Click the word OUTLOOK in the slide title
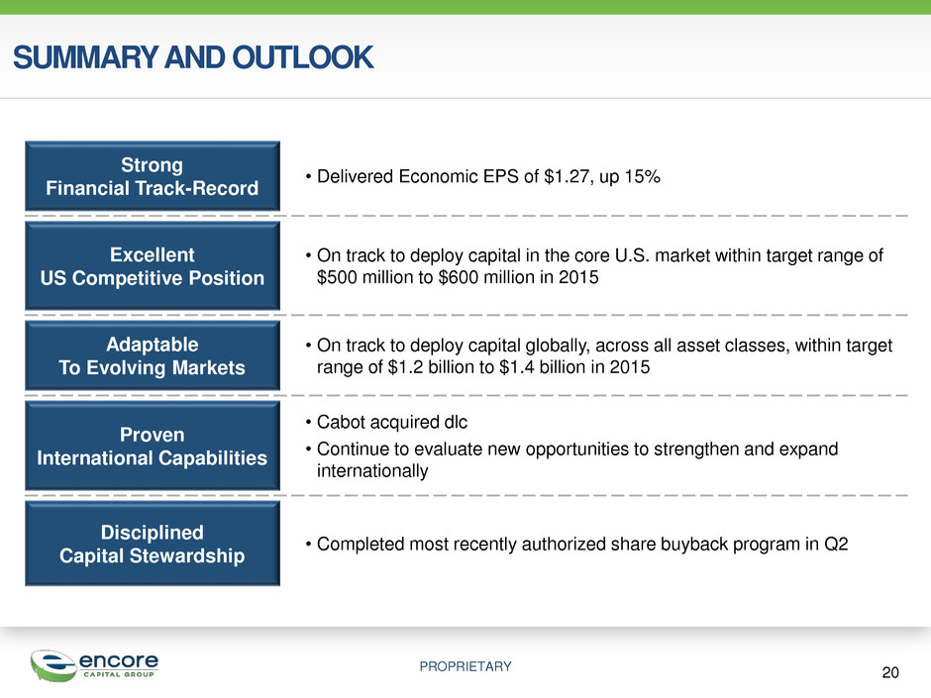tap(303, 57)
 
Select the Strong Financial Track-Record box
tap(153, 176)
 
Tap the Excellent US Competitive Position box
tap(153, 266)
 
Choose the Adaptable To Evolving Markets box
tap(153, 355)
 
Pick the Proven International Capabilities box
tap(153, 446)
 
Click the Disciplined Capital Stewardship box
tap(153, 544)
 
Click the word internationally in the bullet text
tap(372, 470)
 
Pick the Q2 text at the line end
tap(836, 545)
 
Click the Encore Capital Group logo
tap(94, 665)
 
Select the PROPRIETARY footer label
tap(465, 666)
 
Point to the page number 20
tap(890, 672)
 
